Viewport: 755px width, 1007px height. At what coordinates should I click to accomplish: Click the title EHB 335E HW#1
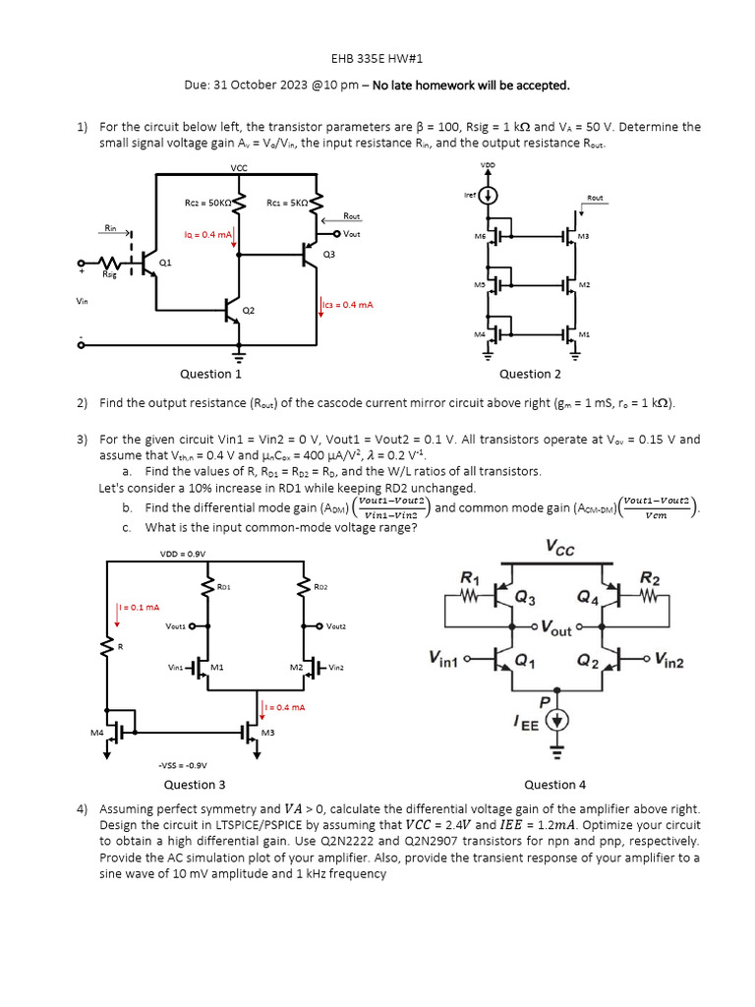pyautogui.click(x=377, y=59)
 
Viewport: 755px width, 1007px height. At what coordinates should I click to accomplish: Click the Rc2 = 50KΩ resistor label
pyautogui.click(x=207, y=204)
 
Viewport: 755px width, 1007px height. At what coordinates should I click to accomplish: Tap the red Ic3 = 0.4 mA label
pyautogui.click(x=349, y=305)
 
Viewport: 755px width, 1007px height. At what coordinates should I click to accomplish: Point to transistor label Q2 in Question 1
pyautogui.click(x=249, y=310)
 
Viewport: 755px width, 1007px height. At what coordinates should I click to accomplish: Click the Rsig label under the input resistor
pyautogui.click(x=110, y=275)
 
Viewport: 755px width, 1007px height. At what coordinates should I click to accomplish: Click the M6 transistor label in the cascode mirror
pyautogui.click(x=480, y=236)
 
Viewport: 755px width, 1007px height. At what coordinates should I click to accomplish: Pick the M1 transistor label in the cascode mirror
pyautogui.click(x=584, y=334)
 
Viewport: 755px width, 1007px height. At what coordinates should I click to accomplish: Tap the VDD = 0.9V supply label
pyautogui.click(x=182, y=554)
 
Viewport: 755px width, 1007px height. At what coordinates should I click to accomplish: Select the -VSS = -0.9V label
pyautogui.click(x=182, y=764)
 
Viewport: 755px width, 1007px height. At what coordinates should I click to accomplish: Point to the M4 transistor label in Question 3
pyautogui.click(x=97, y=733)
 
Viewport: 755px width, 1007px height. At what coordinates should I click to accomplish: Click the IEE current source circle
pyautogui.click(x=557, y=722)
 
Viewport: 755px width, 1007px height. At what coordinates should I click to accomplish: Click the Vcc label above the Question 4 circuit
pyautogui.click(x=561, y=546)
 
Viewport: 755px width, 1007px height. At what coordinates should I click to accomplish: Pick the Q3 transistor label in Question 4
pyautogui.click(x=528, y=599)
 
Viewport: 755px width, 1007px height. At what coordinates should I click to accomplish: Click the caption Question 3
pyautogui.click(x=195, y=784)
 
